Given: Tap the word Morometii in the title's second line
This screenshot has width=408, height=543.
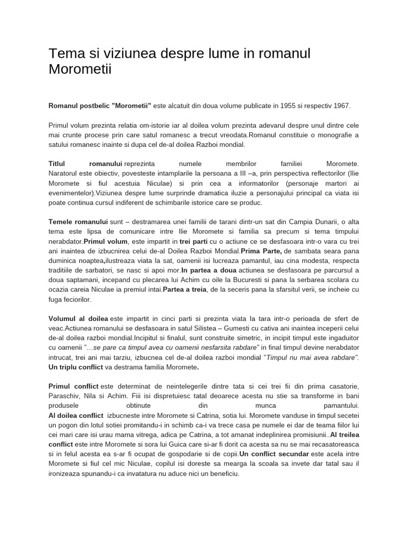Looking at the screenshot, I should coord(80,69).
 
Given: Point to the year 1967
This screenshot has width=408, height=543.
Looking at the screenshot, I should coord(338,106).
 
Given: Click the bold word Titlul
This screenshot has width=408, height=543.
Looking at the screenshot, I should coord(58,163).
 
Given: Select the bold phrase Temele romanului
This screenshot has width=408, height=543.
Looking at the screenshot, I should coord(78,221).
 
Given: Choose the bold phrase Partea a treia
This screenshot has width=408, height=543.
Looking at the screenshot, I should coord(186,289).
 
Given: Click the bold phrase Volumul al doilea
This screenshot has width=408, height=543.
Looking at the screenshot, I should coord(79,319).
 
